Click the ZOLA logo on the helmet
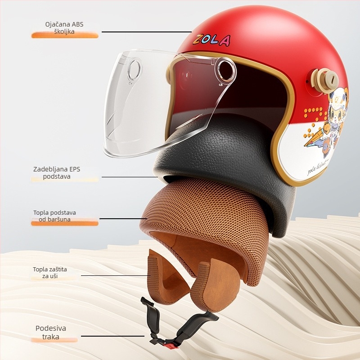coord(211,40)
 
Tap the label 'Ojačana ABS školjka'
coord(64,28)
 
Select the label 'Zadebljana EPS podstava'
coord(57,173)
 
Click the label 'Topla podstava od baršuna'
coord(54,216)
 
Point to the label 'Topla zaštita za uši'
coord(50,273)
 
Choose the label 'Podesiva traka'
coord(51,332)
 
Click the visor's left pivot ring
coord(135,70)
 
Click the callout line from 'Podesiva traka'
coord(113,336)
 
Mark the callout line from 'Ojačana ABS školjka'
coord(147,32)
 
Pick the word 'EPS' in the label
coord(74,170)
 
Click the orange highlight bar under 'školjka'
coord(65,36)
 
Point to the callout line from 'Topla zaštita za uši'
coord(116,275)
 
